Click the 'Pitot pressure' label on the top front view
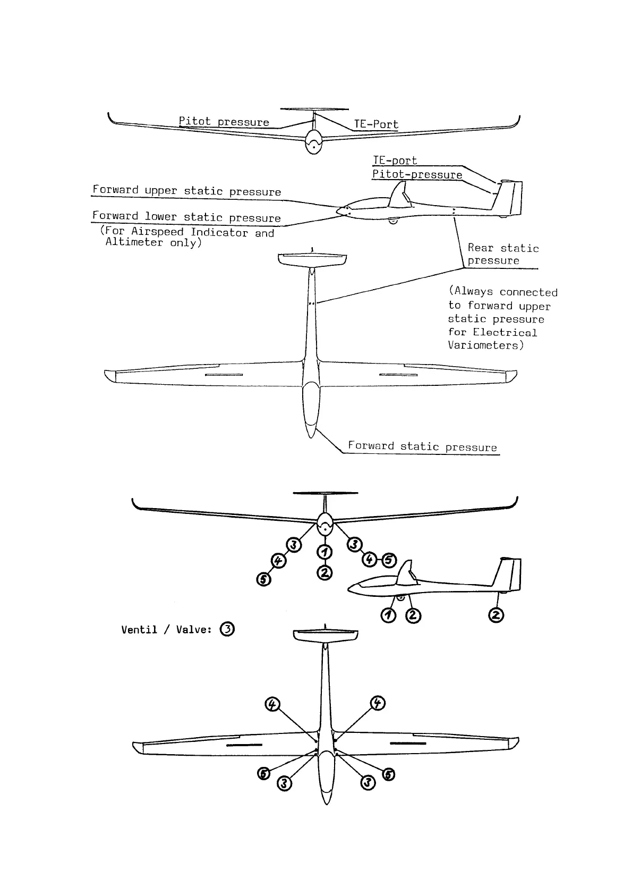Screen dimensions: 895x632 pyautogui.click(x=224, y=122)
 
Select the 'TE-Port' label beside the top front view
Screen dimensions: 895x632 pyautogui.click(x=376, y=124)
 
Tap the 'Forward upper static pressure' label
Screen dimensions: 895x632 pyautogui.click(x=186, y=191)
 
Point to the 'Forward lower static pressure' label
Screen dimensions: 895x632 pyautogui.click(x=186, y=217)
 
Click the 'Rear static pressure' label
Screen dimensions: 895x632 pyautogui.click(x=502, y=254)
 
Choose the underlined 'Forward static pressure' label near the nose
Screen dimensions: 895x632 pyautogui.click(x=422, y=446)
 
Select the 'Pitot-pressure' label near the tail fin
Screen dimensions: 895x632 pyautogui.click(x=417, y=175)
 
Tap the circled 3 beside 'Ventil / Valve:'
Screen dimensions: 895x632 pyautogui.click(x=227, y=629)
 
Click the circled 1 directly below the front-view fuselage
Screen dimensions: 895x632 pyautogui.click(x=324, y=553)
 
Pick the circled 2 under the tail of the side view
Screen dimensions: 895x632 pyautogui.click(x=496, y=615)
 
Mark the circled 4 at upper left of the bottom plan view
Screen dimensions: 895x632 pyautogui.click(x=272, y=705)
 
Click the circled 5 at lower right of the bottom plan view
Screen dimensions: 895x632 pyautogui.click(x=389, y=774)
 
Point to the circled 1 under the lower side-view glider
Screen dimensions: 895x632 pyautogui.click(x=388, y=615)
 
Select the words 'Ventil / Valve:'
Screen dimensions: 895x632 pyautogui.click(x=166, y=630)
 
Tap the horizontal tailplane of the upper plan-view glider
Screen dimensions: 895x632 pyautogui.click(x=312, y=259)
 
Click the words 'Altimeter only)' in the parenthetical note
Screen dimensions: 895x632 pyautogui.click(x=153, y=243)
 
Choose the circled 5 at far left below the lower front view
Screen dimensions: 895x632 pyautogui.click(x=263, y=579)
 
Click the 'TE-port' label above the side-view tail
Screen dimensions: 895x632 pyautogui.click(x=395, y=161)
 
